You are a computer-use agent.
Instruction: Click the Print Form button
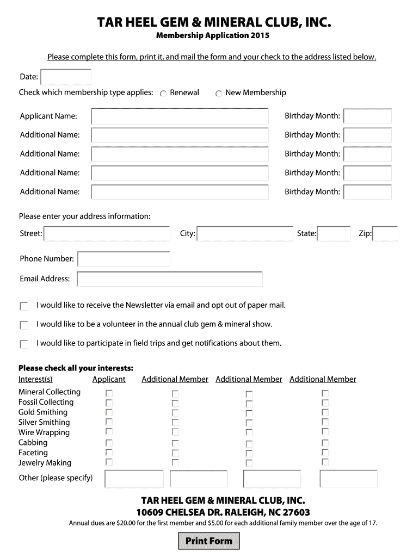point(209,541)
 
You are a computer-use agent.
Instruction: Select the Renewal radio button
point(163,94)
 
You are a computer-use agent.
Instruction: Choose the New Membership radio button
point(219,94)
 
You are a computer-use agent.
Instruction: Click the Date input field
point(66,77)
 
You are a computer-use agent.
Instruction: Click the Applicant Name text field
point(180,116)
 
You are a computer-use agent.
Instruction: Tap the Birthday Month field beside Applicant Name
point(367,116)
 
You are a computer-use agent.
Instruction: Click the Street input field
point(107,234)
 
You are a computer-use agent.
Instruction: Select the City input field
point(245,234)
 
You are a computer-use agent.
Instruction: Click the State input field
point(334,234)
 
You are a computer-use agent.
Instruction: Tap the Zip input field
point(385,234)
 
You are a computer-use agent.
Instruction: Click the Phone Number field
point(124,259)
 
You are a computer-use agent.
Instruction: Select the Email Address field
point(170,279)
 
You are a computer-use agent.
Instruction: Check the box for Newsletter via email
point(24,306)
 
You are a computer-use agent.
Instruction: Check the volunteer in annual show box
point(24,325)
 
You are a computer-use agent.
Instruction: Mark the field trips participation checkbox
point(24,344)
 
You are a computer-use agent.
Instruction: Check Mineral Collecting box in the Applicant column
point(109,393)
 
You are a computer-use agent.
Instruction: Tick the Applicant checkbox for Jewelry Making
point(109,462)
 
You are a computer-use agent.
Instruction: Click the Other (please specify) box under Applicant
point(134,479)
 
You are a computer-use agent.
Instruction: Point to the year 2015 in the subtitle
point(260,36)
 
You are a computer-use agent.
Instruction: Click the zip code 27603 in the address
point(293,512)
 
